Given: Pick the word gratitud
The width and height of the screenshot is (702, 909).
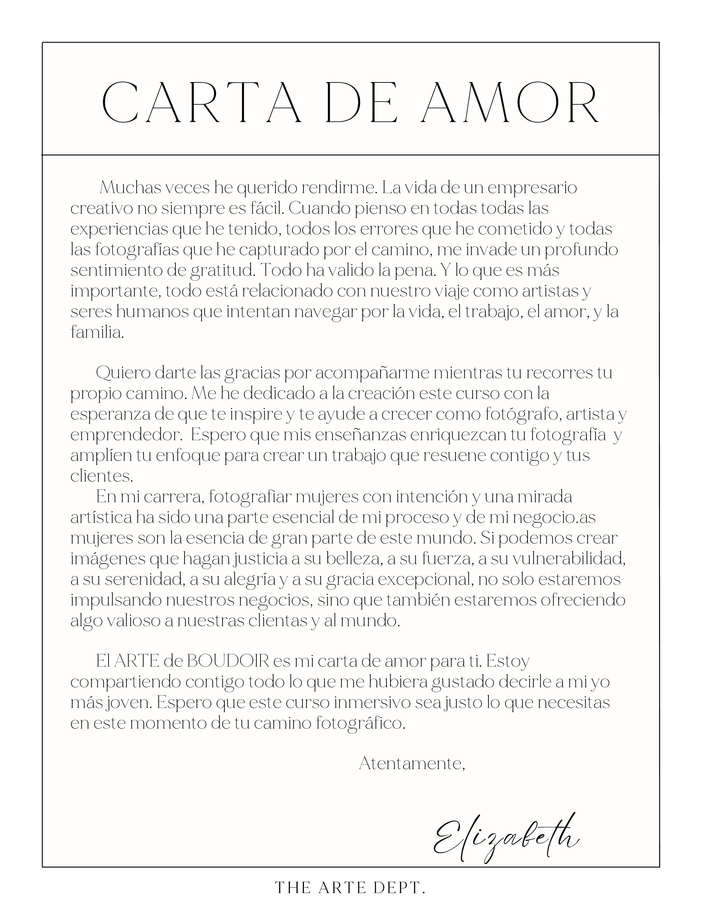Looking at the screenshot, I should click(x=222, y=270).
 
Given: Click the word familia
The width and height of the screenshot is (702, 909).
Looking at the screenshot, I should click(x=97, y=332).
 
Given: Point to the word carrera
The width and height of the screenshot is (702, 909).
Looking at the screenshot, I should click(x=169, y=497).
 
